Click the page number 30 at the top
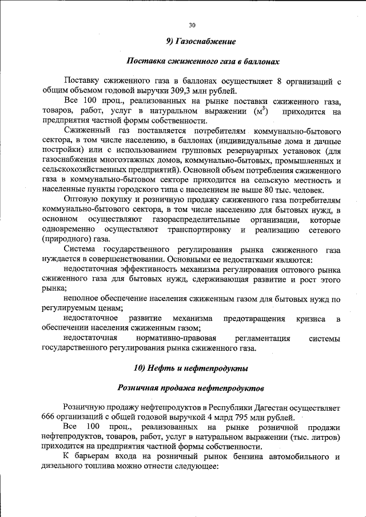pyautogui.click(x=192, y=25)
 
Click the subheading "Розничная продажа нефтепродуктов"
pyautogui.click(x=191, y=388)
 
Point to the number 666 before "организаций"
pyautogui.click(x=50, y=418)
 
